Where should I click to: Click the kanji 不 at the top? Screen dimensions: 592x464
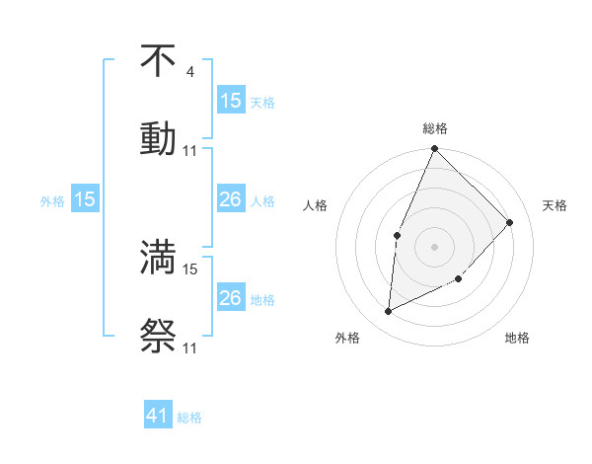click(x=158, y=61)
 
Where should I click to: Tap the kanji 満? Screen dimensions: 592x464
click(x=158, y=257)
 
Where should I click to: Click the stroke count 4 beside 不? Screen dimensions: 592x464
click(x=189, y=72)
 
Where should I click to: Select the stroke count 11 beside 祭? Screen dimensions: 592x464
click(x=190, y=348)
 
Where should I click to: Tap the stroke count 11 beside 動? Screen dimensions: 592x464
click(x=190, y=150)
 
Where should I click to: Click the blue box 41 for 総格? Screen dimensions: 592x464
click(x=158, y=417)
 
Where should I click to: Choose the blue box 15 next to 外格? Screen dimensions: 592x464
click(x=85, y=199)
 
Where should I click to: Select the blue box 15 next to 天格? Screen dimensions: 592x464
click(x=231, y=100)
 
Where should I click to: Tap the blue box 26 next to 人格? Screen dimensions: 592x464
click(x=231, y=199)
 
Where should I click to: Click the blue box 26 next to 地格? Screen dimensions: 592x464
click(x=231, y=298)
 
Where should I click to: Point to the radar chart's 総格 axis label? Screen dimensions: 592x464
click(x=435, y=128)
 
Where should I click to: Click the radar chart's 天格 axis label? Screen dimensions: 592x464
click(x=555, y=205)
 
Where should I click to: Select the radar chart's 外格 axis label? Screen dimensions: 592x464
click(x=347, y=338)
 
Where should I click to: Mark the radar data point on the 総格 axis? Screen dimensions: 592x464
click(x=434, y=149)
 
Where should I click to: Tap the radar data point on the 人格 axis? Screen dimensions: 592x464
click(x=397, y=235)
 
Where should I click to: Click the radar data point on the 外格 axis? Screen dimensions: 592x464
click(x=389, y=311)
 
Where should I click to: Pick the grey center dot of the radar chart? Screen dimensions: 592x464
click(x=434, y=246)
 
